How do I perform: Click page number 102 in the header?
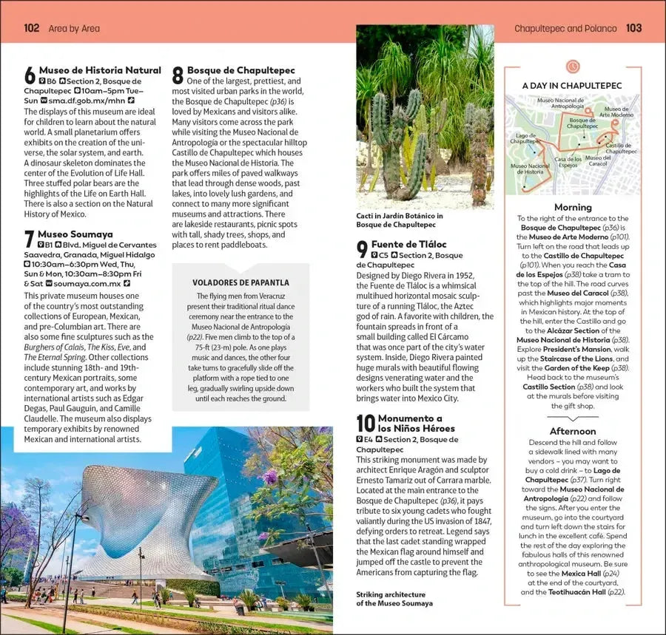(32, 28)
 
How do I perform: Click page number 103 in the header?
(633, 28)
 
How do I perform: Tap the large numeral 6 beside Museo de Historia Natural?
(30, 75)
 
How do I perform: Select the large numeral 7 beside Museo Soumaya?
(30, 239)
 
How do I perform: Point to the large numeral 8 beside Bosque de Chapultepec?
(178, 75)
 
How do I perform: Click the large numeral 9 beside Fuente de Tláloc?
(362, 249)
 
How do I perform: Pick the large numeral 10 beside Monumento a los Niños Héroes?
(366, 423)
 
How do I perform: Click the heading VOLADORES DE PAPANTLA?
(240, 282)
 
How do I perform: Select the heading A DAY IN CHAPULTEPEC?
(572, 86)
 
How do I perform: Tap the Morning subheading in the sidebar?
(573, 208)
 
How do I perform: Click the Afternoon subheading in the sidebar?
(573, 431)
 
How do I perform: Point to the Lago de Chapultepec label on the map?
(525, 139)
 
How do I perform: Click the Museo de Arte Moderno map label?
(616, 112)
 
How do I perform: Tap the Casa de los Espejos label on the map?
(568, 162)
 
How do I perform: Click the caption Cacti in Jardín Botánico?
(399, 220)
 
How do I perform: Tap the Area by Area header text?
(74, 28)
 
